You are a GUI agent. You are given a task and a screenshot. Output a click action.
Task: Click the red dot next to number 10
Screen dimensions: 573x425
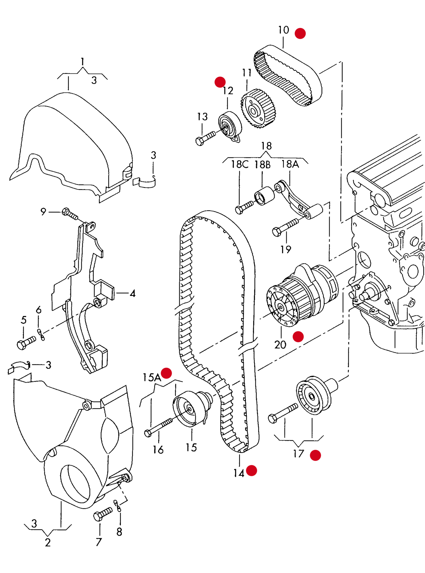tap(300, 33)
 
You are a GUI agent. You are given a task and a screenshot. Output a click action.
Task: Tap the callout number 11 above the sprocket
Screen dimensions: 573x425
tap(247, 73)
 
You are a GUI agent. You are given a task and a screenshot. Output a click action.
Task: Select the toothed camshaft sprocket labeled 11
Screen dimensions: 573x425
tap(258, 108)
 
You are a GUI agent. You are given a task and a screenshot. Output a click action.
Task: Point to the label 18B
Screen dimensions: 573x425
tap(262, 164)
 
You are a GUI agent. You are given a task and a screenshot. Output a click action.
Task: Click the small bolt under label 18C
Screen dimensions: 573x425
tap(244, 207)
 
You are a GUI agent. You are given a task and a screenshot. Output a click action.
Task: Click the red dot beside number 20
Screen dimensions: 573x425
tap(298, 337)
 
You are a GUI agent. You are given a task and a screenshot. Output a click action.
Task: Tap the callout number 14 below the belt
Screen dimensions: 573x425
tap(239, 473)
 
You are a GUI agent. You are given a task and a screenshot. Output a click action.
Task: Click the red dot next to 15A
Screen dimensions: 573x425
tap(166, 373)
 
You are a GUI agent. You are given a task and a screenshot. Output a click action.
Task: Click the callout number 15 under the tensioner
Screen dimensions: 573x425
tap(191, 447)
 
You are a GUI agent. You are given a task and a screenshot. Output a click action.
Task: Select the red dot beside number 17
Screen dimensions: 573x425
tap(315, 455)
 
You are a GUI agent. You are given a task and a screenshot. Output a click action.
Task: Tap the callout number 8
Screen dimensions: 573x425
tap(119, 532)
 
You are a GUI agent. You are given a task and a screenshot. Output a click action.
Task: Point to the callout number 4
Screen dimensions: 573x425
tap(133, 293)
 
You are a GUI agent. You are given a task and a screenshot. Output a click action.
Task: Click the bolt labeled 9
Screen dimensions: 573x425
tap(70, 214)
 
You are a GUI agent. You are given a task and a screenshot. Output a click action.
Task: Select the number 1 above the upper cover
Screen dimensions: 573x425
tap(82, 61)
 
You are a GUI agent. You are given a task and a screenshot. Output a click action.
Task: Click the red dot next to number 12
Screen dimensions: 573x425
tap(220, 82)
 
